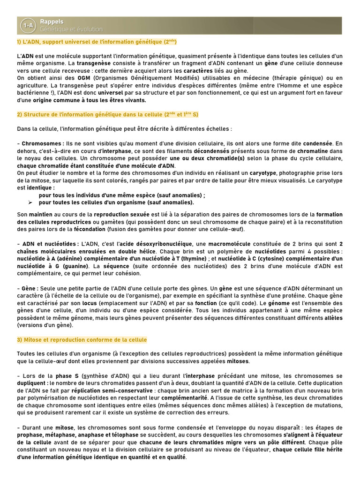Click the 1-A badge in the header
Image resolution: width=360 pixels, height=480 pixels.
(28, 26)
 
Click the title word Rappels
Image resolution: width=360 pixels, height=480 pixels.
(52, 22)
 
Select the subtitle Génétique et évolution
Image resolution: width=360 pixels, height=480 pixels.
(71, 30)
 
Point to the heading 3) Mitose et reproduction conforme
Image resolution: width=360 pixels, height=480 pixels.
(82, 340)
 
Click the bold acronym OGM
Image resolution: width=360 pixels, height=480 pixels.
(84, 78)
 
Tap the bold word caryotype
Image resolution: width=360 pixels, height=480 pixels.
(262, 173)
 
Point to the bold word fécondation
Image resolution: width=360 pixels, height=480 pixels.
(90, 230)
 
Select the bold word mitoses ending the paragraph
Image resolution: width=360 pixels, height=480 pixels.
(238, 361)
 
